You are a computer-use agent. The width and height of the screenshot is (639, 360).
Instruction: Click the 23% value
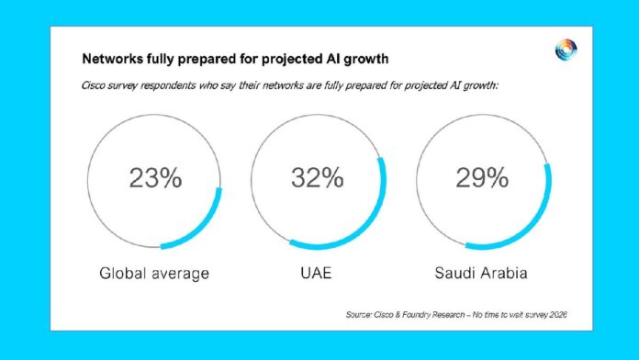click(155, 178)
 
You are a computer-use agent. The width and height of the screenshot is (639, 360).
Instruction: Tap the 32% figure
click(317, 178)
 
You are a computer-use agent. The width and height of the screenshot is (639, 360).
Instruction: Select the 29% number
click(482, 178)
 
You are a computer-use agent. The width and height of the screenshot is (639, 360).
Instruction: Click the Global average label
click(154, 273)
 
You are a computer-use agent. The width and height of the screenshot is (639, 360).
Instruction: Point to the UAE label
click(316, 273)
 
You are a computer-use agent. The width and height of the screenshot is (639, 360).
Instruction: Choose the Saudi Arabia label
click(481, 273)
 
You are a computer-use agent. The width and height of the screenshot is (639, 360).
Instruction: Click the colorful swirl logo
click(566, 51)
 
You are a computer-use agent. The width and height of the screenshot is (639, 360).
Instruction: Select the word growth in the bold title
click(366, 60)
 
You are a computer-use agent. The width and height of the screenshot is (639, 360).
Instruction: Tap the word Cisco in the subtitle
click(94, 85)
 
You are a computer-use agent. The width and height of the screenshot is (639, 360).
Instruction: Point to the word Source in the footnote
click(359, 315)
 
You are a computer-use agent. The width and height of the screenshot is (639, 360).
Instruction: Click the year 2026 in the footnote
click(558, 315)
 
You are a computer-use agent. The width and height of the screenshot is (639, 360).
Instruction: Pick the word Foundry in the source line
click(416, 315)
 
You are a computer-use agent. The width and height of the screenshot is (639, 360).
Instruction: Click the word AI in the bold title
click(333, 59)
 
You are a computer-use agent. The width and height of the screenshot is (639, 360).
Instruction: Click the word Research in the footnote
click(448, 315)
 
